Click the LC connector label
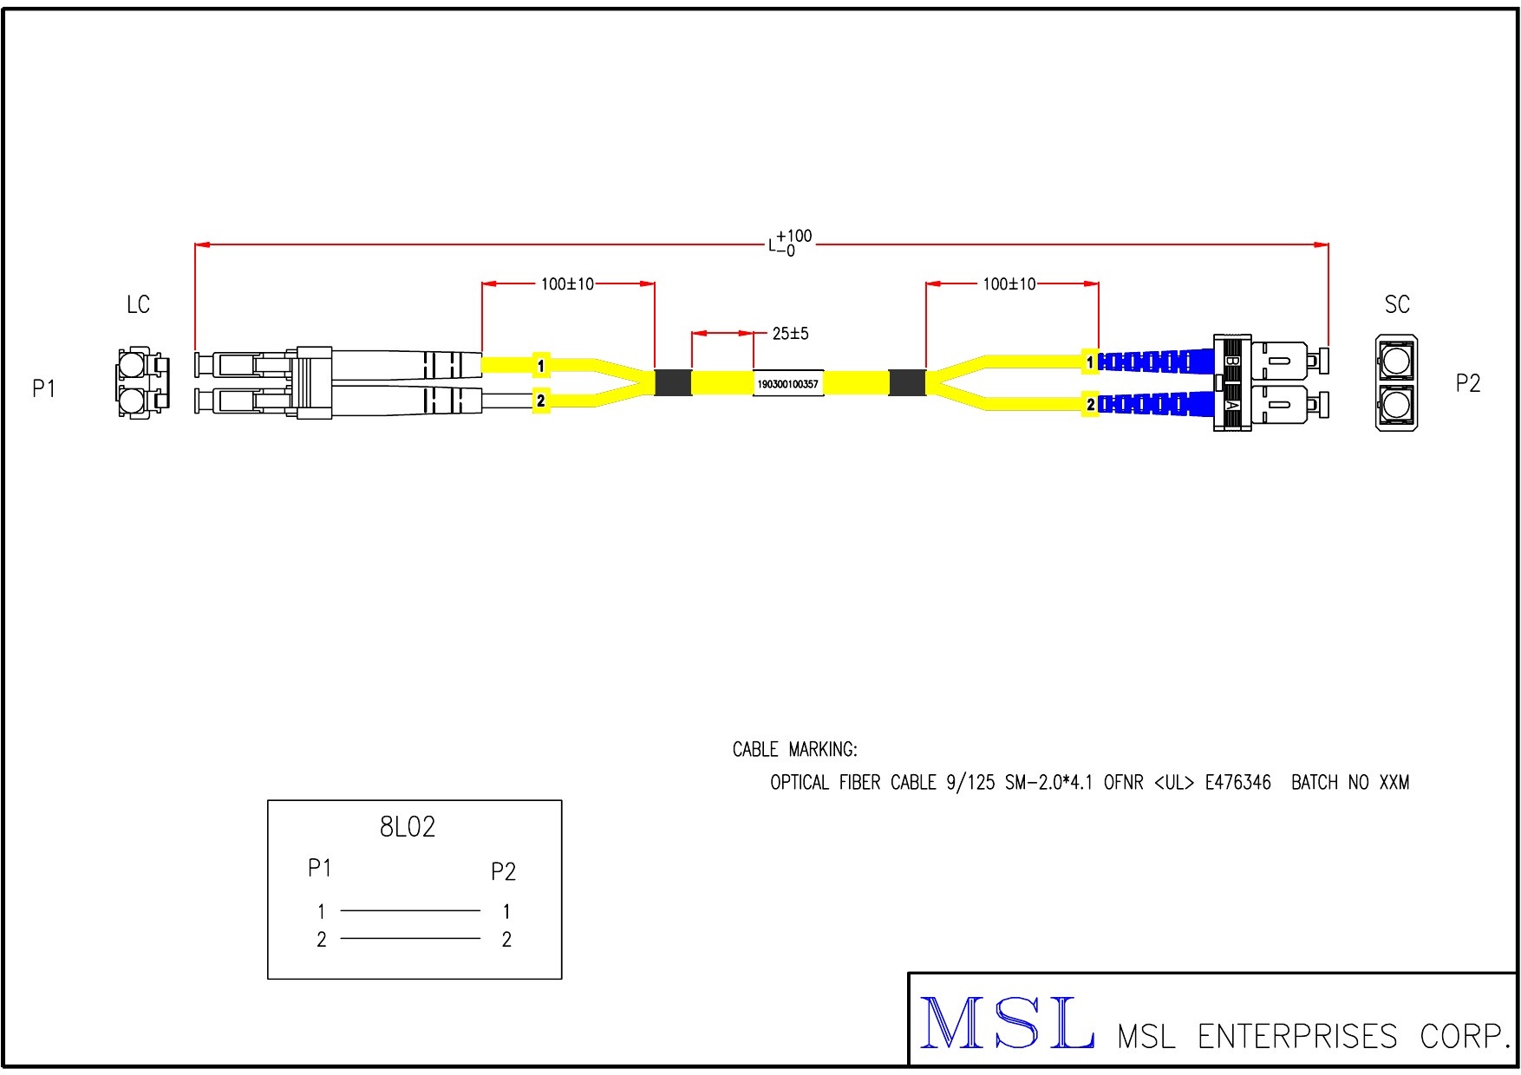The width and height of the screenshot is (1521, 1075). coord(138,304)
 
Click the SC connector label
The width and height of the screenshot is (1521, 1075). coord(1397,304)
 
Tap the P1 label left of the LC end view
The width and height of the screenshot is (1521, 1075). coord(44,388)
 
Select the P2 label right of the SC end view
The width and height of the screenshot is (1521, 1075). coord(1467,383)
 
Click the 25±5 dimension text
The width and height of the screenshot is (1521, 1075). coord(790,333)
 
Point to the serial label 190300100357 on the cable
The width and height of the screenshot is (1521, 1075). coord(787,384)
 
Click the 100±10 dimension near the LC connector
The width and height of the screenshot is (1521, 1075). coord(567,283)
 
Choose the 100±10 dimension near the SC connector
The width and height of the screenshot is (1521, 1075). coord(1009,283)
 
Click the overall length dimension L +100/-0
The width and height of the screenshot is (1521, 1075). coord(789,243)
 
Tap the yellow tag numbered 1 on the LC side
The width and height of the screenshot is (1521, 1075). coord(541,365)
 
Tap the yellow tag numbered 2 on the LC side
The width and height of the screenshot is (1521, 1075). coord(541,401)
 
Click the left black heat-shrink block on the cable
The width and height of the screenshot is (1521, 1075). coord(673,382)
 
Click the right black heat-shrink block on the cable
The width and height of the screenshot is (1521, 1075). coord(907,382)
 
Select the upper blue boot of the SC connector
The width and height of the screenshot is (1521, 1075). coord(1156,361)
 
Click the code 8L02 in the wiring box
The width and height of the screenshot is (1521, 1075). coord(408,827)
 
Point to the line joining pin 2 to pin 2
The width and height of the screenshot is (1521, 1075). coord(410,938)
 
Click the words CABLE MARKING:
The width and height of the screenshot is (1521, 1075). coord(794,749)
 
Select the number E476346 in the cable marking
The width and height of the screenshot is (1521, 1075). coord(1237,782)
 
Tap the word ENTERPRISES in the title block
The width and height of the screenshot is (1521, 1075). coord(1297,1036)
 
